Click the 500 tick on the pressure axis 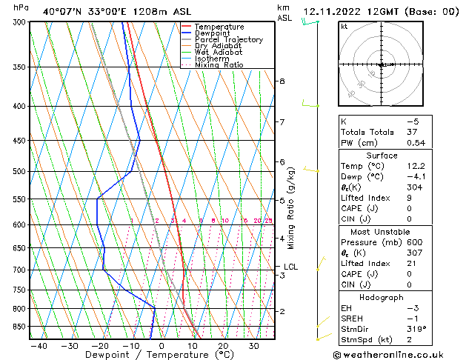pyautogui.click(x=20, y=171)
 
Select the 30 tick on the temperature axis pyautogui.click(x=253, y=345)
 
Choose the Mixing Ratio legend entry pyautogui.click(x=219, y=65)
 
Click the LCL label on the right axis pyautogui.click(x=291, y=267)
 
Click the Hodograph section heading pyautogui.click(x=382, y=297)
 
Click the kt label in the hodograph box pyautogui.click(x=344, y=27)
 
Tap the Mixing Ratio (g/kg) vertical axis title pyautogui.click(x=291, y=208)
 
